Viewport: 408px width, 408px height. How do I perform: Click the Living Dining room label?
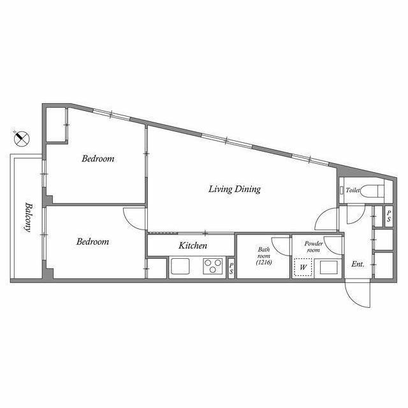[x=235, y=189]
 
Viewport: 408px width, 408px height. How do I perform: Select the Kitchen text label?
[x=192, y=245]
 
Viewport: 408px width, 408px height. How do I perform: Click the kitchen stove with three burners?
[x=212, y=266]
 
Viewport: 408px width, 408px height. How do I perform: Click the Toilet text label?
[x=353, y=190]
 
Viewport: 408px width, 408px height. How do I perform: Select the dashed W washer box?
[x=303, y=267]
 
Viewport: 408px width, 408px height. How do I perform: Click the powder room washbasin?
[x=329, y=267]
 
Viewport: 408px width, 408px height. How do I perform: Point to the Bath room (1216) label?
[x=264, y=256]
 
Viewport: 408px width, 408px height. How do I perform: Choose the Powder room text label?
[x=314, y=247]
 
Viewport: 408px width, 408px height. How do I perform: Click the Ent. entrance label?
[x=357, y=265]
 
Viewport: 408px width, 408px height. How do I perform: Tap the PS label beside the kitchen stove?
[x=231, y=268]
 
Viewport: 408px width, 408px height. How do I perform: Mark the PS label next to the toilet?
[x=389, y=215]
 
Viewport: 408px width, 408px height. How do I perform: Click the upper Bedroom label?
[x=98, y=159]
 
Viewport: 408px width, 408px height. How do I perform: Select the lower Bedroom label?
[x=92, y=242]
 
